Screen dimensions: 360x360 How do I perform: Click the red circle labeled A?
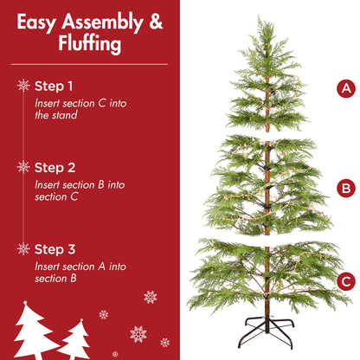346,88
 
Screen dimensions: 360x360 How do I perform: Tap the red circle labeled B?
346,188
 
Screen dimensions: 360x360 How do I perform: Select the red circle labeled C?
346,280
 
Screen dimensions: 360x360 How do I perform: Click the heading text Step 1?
54,86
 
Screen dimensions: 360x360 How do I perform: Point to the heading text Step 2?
54,167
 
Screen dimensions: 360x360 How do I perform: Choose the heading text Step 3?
54,249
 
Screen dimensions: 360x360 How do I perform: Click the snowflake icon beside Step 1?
23,86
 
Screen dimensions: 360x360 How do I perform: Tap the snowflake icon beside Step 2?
23,167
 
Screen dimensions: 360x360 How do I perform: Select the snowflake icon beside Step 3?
23,249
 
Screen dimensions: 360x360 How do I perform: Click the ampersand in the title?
155,22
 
